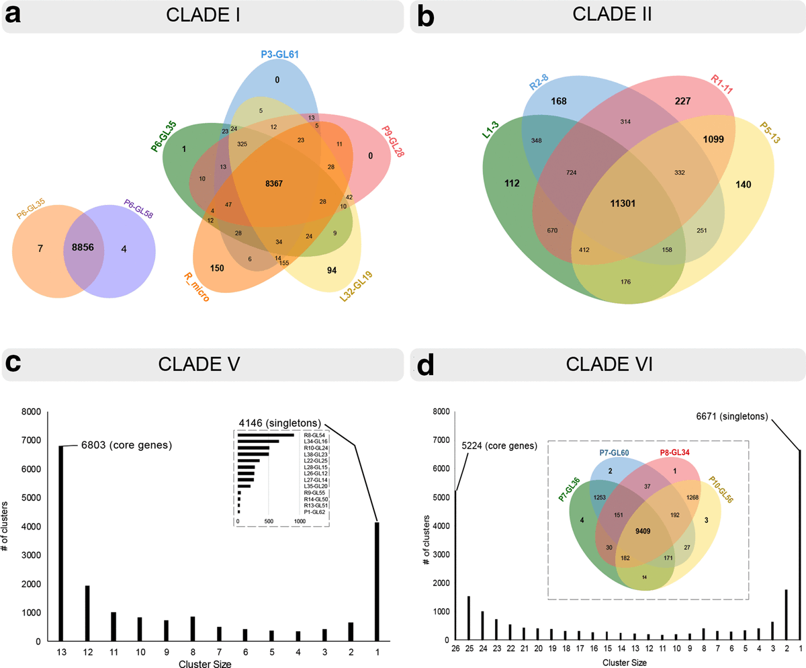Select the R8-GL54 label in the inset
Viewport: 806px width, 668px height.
tap(314, 435)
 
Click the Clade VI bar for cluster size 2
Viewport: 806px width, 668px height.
tap(785, 615)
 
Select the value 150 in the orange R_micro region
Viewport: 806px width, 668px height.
tap(217, 267)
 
